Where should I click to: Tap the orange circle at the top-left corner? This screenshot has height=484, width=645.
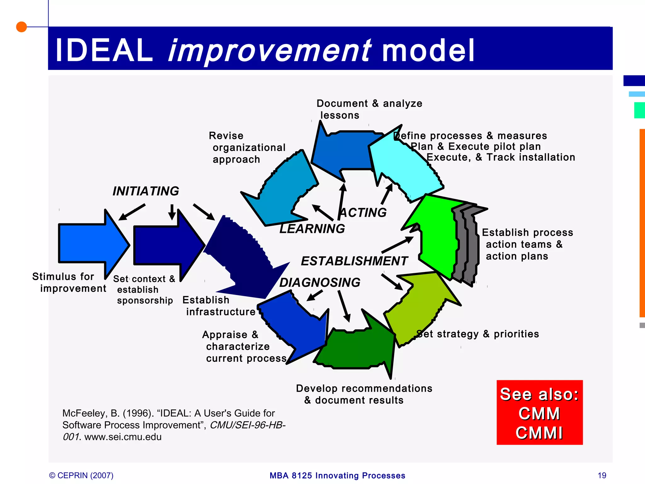point(21,27)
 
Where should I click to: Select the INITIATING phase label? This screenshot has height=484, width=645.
point(146,191)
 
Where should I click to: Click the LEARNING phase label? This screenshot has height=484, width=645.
point(312,229)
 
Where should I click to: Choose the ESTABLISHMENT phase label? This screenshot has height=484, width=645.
point(354,261)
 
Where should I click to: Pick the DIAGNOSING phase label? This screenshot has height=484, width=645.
point(320,283)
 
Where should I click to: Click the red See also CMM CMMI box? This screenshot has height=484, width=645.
point(539,412)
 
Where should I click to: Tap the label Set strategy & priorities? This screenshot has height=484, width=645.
point(477,334)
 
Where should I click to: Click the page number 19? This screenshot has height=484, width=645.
point(602,475)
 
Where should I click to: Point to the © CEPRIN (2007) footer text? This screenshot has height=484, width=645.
point(81,475)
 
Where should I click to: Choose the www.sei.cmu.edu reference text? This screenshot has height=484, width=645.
point(123,437)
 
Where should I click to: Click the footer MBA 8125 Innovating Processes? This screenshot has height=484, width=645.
point(337,475)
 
